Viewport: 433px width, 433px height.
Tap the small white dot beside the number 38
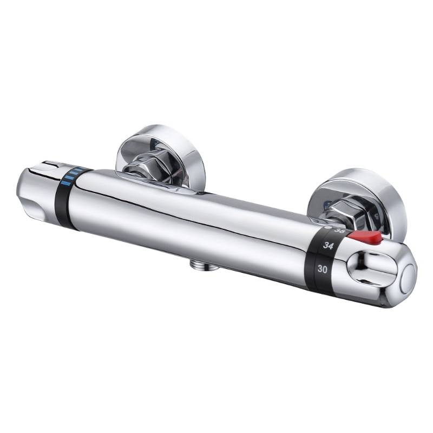[331, 229]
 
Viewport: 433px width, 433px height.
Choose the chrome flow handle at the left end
[41, 192]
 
